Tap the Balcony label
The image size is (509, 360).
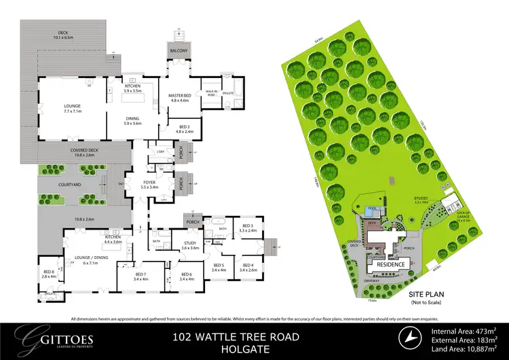[178, 51]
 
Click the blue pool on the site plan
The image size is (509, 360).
[371, 213]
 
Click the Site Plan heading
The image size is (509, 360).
[423, 293]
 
